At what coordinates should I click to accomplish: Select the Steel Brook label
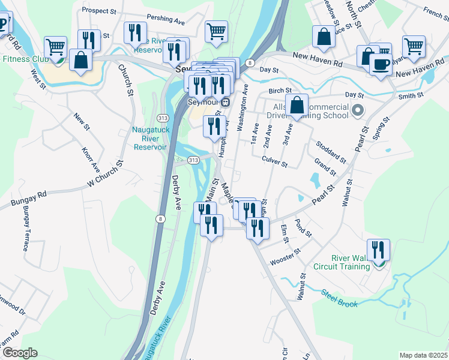click(x=339, y=299)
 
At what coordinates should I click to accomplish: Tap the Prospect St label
click(x=99, y=11)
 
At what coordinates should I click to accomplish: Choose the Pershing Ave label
click(x=167, y=20)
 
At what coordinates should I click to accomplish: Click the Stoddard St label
click(x=331, y=151)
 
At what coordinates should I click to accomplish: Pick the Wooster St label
click(x=285, y=261)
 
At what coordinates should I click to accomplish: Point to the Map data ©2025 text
click(x=423, y=355)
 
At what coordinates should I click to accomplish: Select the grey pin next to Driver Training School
click(x=358, y=110)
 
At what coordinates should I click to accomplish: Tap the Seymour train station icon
click(x=224, y=101)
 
